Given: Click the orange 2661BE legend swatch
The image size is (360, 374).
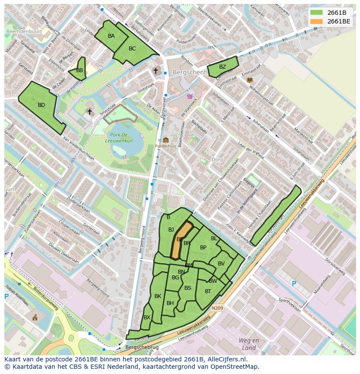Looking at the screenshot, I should click(x=317, y=21).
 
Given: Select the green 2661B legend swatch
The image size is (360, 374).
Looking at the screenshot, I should click(x=317, y=13).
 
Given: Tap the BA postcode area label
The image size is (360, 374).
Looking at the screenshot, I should click(x=111, y=36).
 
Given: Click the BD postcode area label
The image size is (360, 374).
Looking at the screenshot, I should click(x=41, y=105).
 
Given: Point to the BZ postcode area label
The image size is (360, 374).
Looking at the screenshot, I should click(x=222, y=67).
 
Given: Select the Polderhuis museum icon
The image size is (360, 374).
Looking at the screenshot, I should click(x=166, y=140).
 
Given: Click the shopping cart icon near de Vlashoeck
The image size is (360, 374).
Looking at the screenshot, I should click(x=190, y=96).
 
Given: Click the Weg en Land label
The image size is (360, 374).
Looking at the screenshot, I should click(x=249, y=344).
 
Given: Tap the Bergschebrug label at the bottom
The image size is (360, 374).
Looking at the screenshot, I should click(x=142, y=348).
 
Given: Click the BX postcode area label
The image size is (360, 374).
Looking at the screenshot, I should click(x=147, y=318).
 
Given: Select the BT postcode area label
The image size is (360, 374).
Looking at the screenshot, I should click(x=208, y=291).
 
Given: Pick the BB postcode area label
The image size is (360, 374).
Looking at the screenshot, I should click(x=80, y=70).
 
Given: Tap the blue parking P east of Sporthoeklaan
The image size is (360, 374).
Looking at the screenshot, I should click(x=294, y=284).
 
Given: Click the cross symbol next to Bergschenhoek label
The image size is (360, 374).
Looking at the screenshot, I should click(x=155, y=70).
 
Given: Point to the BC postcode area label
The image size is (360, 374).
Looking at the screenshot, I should click(x=132, y=49).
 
